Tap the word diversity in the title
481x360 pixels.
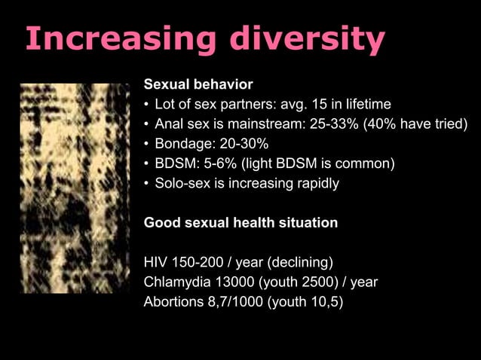click(x=308, y=39)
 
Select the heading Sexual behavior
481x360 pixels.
click(x=198, y=83)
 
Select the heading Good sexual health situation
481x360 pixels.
click(x=240, y=223)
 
